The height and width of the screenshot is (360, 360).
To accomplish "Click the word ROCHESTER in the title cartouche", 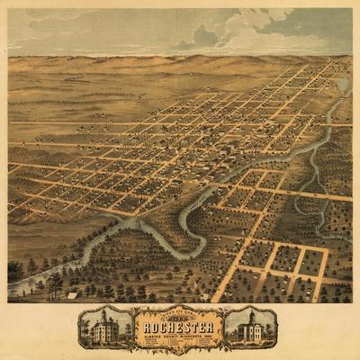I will tap(179, 327).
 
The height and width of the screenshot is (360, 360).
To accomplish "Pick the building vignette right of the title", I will tap(250, 328).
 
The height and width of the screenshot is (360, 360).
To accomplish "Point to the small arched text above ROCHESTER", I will tap(179, 317).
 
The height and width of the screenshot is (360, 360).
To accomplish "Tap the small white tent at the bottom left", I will tap(72, 294).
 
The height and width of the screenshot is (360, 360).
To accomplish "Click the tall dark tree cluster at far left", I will tap(14, 270).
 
